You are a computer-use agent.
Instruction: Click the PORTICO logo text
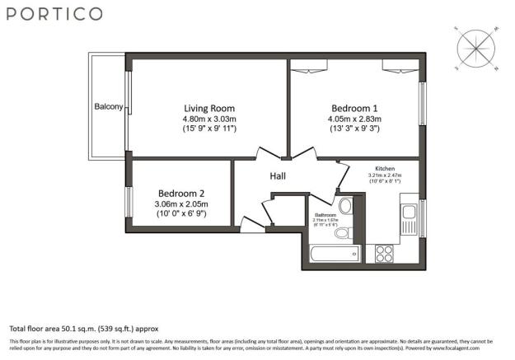pyautogui.click(x=56, y=14)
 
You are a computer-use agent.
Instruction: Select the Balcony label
pyautogui.click(x=108, y=107)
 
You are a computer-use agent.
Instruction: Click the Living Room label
pyautogui.click(x=208, y=108)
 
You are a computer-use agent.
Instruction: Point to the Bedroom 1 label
pyautogui.click(x=354, y=108)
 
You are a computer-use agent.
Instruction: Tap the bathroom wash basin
pyautogui.click(x=346, y=206)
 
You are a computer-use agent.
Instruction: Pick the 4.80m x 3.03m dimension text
pyautogui.click(x=208, y=119)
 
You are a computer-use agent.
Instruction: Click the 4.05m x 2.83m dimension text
pyautogui.click(x=354, y=119)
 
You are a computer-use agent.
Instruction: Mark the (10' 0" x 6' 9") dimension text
pyautogui.click(x=180, y=213)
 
